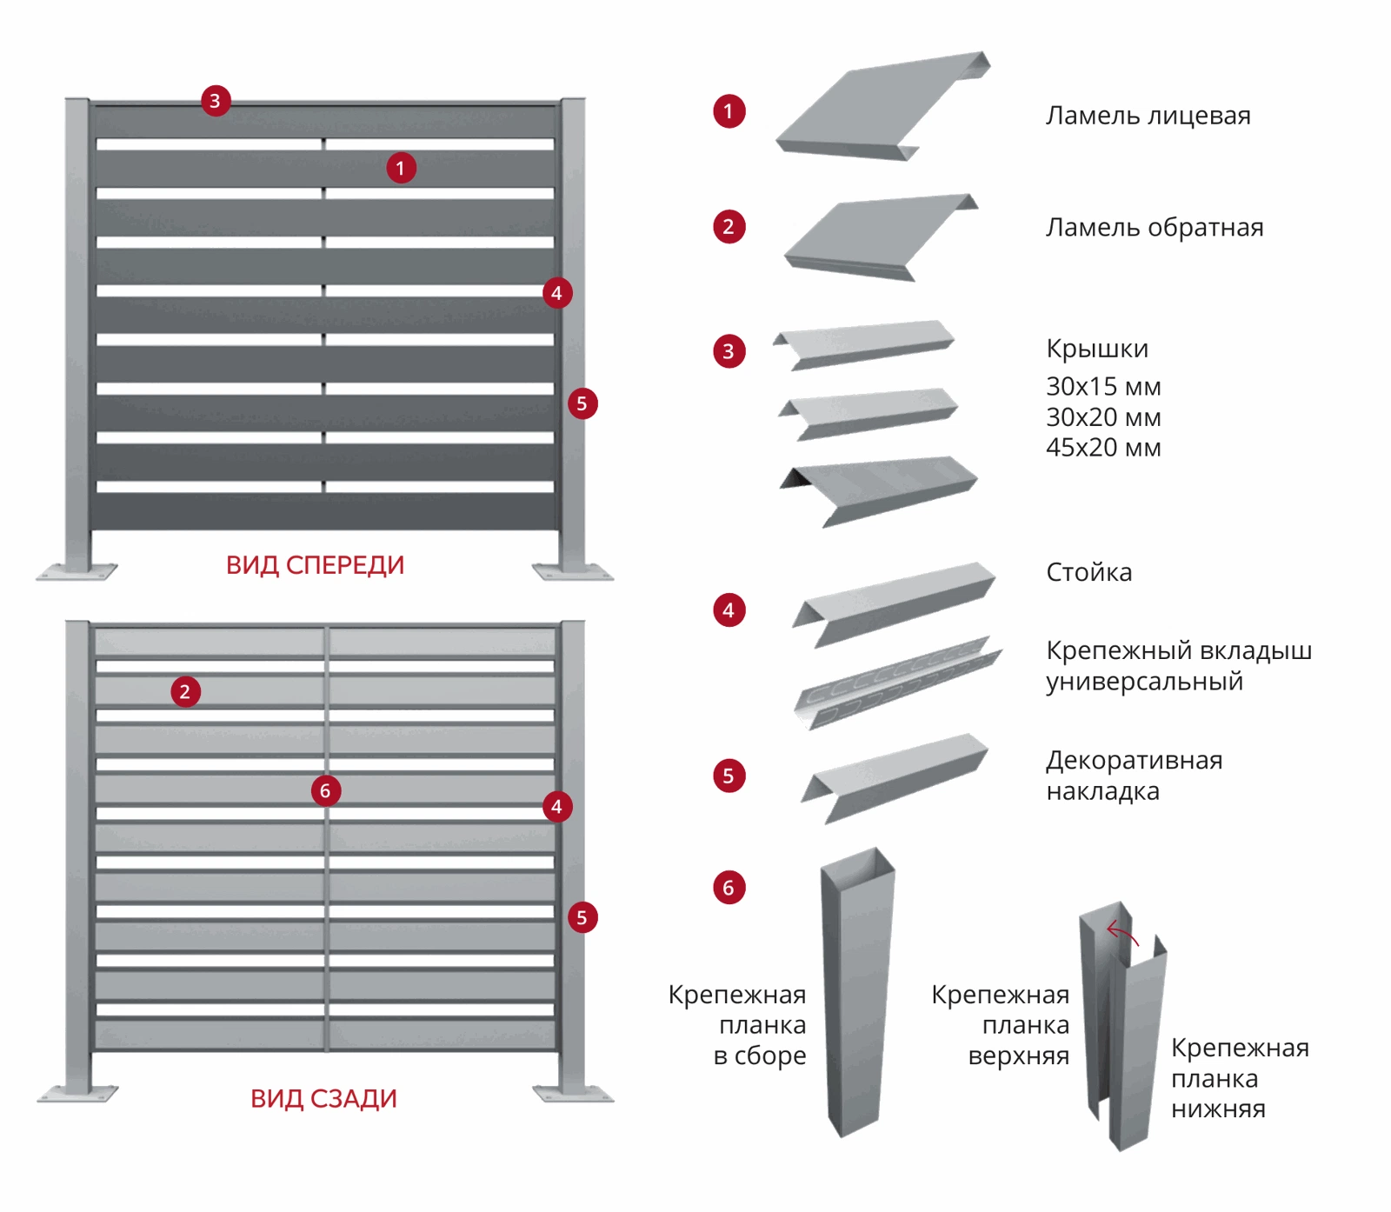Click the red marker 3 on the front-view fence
(x=216, y=101)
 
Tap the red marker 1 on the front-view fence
(x=401, y=168)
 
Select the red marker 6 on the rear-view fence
(x=326, y=790)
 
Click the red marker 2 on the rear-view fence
(x=185, y=692)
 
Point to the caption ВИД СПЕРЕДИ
(x=315, y=565)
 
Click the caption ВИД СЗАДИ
(x=323, y=1099)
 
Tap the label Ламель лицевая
(x=1148, y=116)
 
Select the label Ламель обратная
(x=1155, y=228)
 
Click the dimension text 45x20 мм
(x=1103, y=448)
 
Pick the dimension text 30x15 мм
(x=1103, y=386)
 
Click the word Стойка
(x=1088, y=572)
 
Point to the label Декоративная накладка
(x=1134, y=776)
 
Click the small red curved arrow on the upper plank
(x=1121, y=934)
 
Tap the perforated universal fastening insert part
(x=898, y=683)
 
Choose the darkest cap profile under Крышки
(x=879, y=491)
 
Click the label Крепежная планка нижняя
(x=1240, y=1078)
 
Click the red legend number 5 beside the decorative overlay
(x=729, y=776)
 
